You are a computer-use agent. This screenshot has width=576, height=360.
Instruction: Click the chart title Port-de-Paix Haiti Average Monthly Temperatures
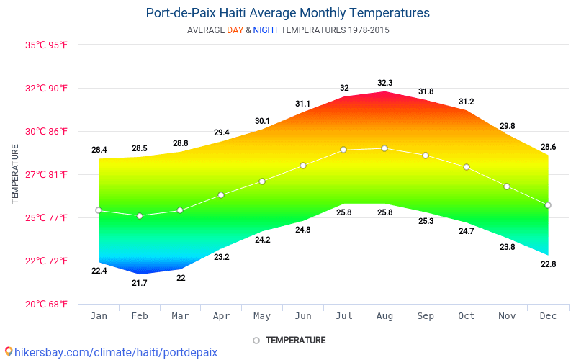[x=287, y=13]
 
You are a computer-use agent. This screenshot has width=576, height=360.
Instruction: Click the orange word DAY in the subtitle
[x=235, y=30]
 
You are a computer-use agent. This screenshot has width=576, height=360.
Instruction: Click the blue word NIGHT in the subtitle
[x=266, y=30]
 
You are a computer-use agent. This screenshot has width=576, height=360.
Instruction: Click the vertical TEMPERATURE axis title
[x=15, y=174]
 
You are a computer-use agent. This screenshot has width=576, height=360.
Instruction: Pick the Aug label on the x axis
[x=384, y=316]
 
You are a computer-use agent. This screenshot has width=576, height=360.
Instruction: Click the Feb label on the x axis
[x=140, y=316]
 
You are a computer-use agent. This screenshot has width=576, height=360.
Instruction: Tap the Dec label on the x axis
[x=548, y=316]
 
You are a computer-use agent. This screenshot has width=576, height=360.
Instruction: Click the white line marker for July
[x=343, y=150]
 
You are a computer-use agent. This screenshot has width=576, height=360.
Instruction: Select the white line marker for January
[x=99, y=210]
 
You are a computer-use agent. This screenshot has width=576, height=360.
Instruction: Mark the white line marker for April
[x=221, y=195]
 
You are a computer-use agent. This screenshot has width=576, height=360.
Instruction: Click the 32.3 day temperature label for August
[x=384, y=83]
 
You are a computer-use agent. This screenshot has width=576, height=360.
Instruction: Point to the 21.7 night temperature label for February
[x=140, y=283]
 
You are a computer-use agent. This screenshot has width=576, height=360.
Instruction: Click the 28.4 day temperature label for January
[x=99, y=150]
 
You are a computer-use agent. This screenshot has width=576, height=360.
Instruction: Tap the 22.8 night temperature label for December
[x=548, y=264]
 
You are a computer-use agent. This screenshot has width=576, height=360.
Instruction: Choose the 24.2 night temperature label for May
[x=262, y=240]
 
